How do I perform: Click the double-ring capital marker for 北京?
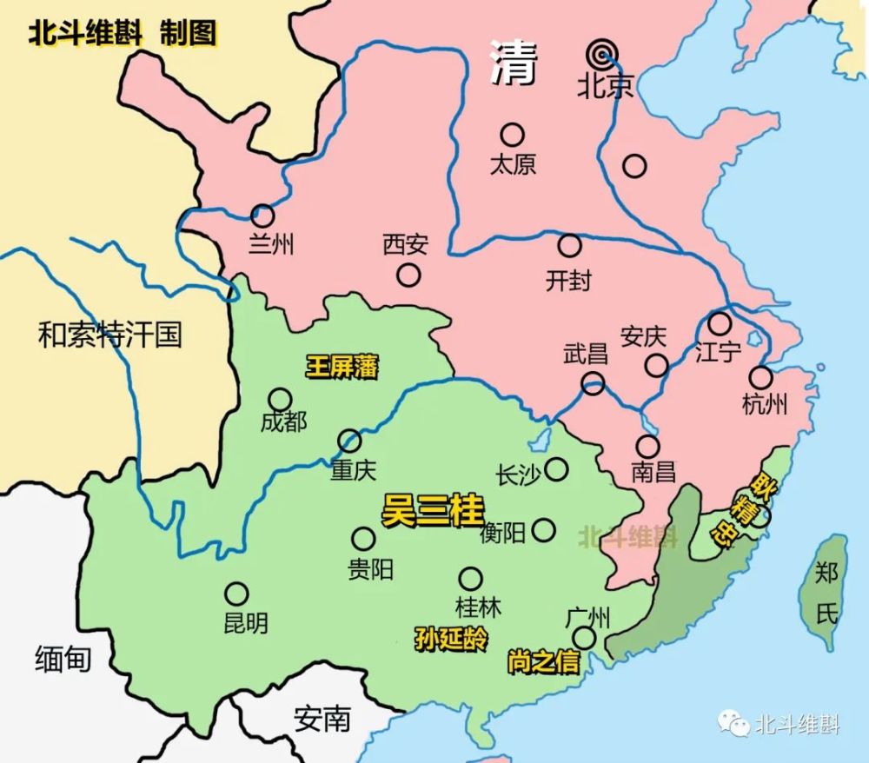coord(600,55)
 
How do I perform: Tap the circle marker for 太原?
coord(512,134)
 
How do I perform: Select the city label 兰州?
coord(271,244)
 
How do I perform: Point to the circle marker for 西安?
coord(408,275)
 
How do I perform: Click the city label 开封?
coord(568,280)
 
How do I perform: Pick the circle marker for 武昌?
coord(594,383)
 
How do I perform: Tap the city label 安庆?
coord(644,336)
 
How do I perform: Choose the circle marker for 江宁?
coord(720,324)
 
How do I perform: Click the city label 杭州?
coord(765,404)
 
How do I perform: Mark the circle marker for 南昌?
coord(647,447)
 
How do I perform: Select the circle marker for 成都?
coord(280,399)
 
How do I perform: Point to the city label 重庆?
coord(353,470)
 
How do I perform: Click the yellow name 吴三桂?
coord(433,511)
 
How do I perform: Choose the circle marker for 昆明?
coord(236,594)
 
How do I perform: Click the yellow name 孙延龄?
coord(452,640)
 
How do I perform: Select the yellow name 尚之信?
coord(543,662)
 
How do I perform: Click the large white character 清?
coord(514,63)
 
